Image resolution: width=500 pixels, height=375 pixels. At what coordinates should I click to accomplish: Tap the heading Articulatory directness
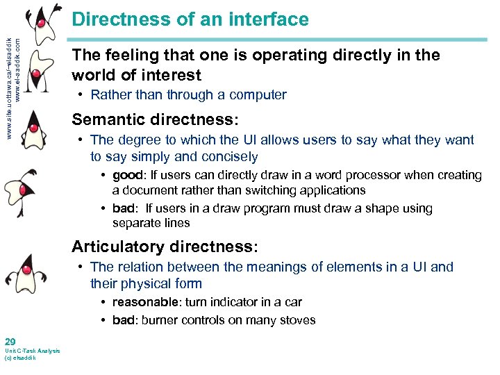pos(165,247)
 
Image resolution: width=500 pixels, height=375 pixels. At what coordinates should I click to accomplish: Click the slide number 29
pos(10,342)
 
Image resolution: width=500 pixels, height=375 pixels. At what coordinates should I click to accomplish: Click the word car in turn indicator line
pos(294,302)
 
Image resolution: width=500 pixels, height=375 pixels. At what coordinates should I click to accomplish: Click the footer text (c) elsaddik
pos(21,358)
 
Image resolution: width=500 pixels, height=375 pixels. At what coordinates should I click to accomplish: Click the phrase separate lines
pos(151,224)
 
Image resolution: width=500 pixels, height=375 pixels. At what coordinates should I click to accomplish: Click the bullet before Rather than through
pos(81,95)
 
